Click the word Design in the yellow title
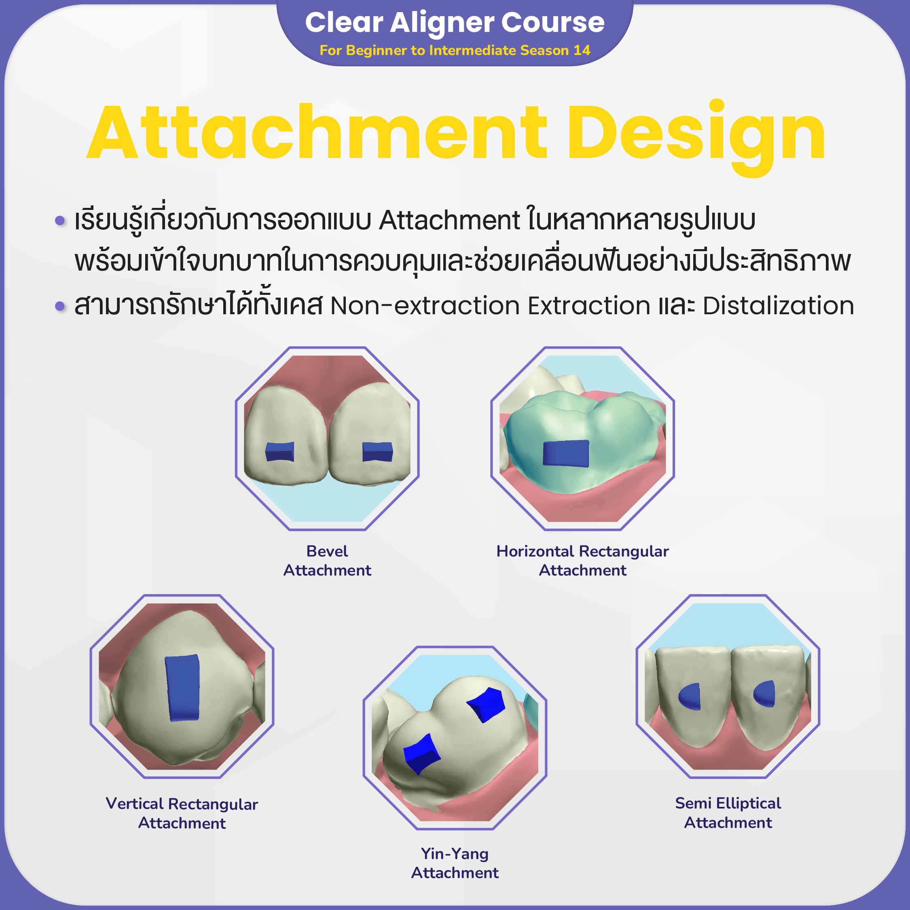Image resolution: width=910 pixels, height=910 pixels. coord(696,134)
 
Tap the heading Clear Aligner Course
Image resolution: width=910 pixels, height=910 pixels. coord(455,22)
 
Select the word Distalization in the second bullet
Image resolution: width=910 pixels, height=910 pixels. coord(778,305)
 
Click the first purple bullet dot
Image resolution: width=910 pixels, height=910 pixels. coord(60,220)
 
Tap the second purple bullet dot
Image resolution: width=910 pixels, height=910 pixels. coord(60,306)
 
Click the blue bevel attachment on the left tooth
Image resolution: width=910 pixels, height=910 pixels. coord(280,452)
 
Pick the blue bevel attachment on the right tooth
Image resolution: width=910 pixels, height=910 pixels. coord(377,452)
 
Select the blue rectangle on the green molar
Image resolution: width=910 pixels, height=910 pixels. coord(566,453)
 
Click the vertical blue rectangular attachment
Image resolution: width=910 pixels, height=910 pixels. coord(183,688)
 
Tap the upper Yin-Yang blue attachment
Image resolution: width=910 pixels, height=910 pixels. coord(487,704)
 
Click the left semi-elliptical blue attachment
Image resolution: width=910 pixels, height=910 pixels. coord(690,696)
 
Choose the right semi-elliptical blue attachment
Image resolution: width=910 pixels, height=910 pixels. coord(764,694)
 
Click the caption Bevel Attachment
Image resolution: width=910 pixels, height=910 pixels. coord(327,561)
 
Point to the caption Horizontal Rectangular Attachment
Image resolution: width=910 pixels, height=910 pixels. coord(583,561)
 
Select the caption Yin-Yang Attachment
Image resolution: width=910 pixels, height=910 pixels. coord(455,863)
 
